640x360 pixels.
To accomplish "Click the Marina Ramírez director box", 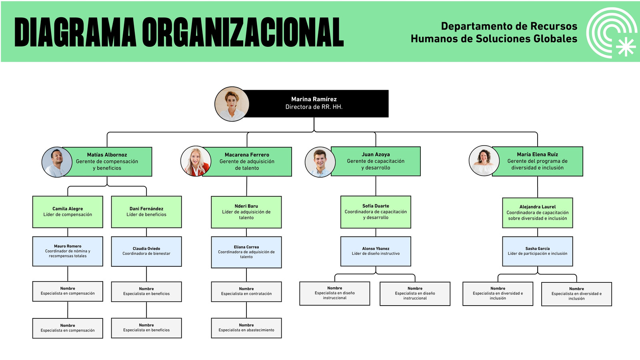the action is (314, 104).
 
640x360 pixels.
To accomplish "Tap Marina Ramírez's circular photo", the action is (232, 104).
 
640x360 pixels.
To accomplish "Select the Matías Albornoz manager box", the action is (108, 162).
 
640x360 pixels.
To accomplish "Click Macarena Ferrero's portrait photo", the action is (196, 161).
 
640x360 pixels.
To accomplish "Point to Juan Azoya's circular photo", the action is (320, 162).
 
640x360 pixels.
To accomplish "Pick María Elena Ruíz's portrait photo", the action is (484, 160).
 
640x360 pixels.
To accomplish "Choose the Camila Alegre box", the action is (68, 212).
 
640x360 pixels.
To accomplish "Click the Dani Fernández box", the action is (146, 212).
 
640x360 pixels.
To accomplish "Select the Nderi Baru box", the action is (246, 212).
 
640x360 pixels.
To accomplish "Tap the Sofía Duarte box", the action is (376, 212).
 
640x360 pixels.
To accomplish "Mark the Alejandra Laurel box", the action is (538, 213).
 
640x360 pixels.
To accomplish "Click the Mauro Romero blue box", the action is (68, 252).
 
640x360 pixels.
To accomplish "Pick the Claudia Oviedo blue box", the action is (146, 252).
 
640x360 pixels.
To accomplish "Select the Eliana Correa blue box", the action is (246, 252).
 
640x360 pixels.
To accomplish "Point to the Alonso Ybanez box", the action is (376, 252).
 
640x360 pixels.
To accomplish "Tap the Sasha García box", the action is (538, 252).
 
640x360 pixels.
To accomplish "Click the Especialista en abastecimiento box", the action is (246, 328).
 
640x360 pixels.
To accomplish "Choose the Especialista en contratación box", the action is (246, 292).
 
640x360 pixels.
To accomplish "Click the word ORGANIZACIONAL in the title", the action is (243, 32).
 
